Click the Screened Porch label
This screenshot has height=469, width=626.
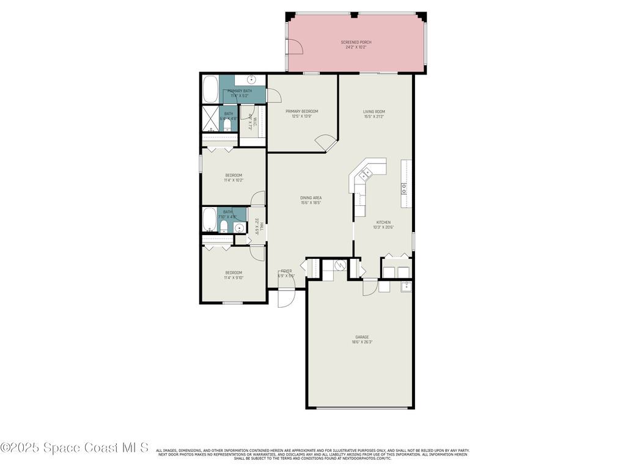click(x=356, y=42)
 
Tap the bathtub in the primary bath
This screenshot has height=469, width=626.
click(x=211, y=89)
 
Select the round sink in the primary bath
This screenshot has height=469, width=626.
click(x=251, y=80)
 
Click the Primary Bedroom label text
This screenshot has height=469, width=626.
click(x=302, y=111)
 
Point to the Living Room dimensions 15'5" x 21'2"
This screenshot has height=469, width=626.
click(x=374, y=117)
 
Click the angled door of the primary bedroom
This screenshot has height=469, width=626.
click(x=326, y=144)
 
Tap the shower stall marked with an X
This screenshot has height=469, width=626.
click(x=211, y=118)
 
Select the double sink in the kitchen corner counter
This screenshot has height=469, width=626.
click(x=365, y=175)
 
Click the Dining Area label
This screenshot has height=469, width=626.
click(x=311, y=198)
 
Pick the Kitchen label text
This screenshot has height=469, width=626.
click(x=383, y=222)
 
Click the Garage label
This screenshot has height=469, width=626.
click(x=362, y=337)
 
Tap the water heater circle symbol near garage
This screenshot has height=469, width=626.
click(x=339, y=266)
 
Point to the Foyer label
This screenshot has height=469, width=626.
click(x=286, y=271)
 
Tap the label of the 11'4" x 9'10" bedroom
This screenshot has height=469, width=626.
click(x=234, y=272)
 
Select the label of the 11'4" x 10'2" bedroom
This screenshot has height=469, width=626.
click(x=234, y=175)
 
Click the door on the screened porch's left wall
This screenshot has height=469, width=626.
click(x=294, y=46)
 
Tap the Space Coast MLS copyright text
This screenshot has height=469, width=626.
click(x=75, y=448)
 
